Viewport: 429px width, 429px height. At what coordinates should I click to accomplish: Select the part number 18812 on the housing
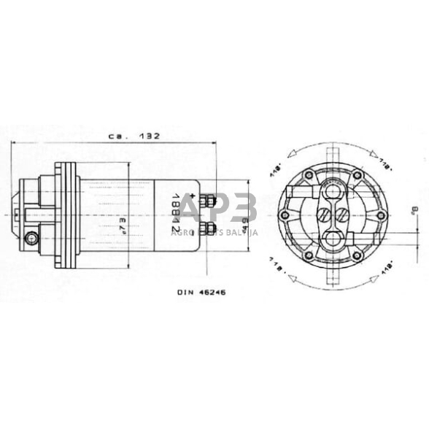(x=175, y=214)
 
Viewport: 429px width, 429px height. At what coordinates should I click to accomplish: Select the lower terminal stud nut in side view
(x=209, y=231)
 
